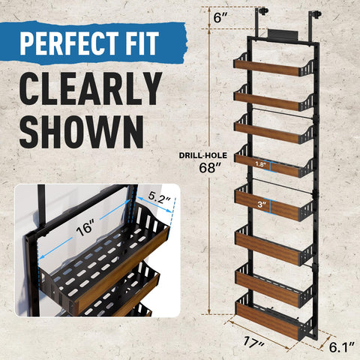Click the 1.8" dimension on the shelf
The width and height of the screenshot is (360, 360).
pyautogui.click(x=260, y=163)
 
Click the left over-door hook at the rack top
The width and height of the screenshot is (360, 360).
pyautogui.click(x=263, y=13)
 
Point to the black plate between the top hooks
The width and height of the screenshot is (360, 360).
pyautogui.click(x=286, y=34)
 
